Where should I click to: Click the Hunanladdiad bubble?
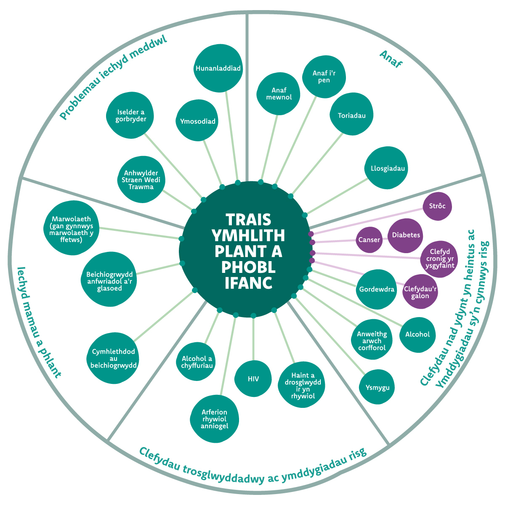pyautogui.click(x=218, y=69)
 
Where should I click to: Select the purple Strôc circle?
pyautogui.click(x=437, y=206)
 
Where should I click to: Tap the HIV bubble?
pyautogui.click(x=253, y=379)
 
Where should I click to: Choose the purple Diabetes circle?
pyautogui.click(x=406, y=235)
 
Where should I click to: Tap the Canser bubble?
pyautogui.click(x=369, y=240)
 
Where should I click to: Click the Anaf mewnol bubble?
pyautogui.click(x=279, y=94)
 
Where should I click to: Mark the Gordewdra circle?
pyautogui.click(x=377, y=290)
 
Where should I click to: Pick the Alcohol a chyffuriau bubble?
pyautogui.click(x=197, y=362)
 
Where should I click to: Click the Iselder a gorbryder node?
pyautogui.click(x=131, y=116)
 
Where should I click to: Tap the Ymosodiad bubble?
pyautogui.click(x=198, y=122)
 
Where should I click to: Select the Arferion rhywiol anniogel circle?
pyautogui.click(x=214, y=419)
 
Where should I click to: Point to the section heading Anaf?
pyautogui.click(x=391, y=59)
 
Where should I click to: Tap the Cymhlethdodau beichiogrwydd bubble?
pyautogui.click(x=113, y=359)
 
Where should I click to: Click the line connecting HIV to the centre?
pyautogui.click(x=253, y=338)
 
